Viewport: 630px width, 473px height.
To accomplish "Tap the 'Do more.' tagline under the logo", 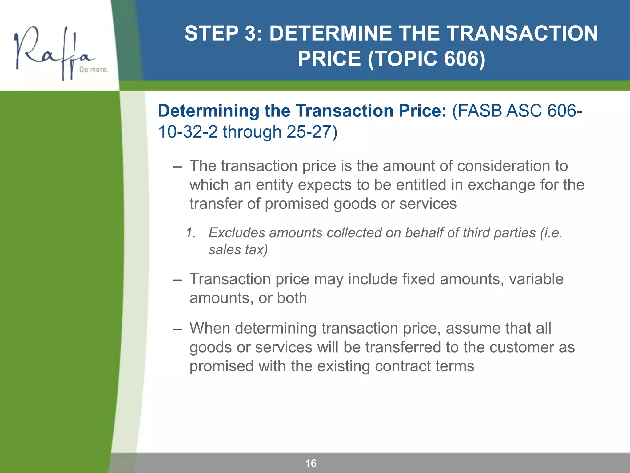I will tap(94, 70).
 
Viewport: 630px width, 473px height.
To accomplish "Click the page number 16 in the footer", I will tap(311, 463).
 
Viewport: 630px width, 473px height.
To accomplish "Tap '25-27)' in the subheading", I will tap(312, 132).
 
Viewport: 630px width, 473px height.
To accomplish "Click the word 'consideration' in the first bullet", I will tap(503, 166).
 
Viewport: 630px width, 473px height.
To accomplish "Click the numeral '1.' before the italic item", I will tap(191, 233).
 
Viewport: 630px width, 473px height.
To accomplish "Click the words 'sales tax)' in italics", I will tap(238, 250).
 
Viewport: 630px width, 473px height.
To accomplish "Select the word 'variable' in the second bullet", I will tap(536, 279).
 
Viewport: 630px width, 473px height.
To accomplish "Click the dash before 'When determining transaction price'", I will tap(177, 329).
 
